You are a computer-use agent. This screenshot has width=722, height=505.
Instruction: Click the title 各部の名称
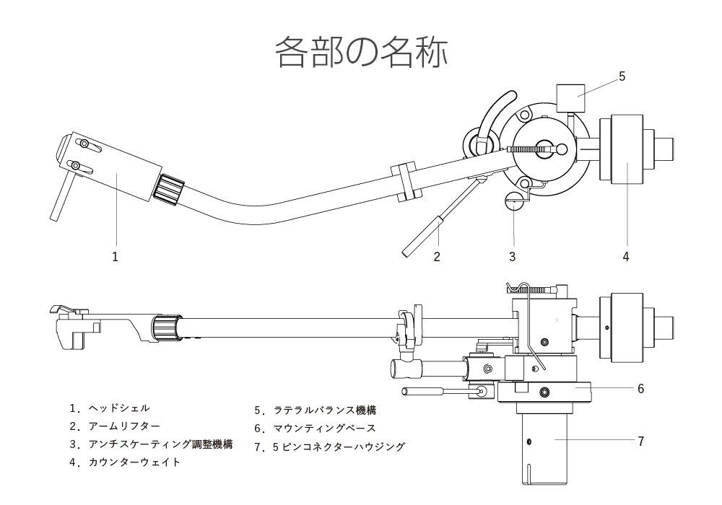tap(361, 52)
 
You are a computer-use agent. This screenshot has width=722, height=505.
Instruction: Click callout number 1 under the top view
tap(115, 256)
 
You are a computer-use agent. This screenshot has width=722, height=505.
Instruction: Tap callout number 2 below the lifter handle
tap(437, 256)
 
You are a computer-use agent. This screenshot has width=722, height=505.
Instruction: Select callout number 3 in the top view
tap(512, 256)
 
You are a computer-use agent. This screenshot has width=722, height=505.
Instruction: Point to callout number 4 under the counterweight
tap(626, 256)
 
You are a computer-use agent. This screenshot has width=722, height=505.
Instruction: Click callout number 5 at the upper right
tap(622, 76)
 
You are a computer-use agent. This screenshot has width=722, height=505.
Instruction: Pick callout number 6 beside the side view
tap(640, 388)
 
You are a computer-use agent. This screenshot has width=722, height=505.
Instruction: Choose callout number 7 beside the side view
tap(640, 440)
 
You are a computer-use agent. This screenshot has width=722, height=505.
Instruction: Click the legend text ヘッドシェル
tap(119, 408)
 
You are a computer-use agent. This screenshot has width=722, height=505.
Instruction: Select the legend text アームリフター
tap(124, 426)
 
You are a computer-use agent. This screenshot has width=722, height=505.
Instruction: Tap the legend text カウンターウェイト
tap(134, 462)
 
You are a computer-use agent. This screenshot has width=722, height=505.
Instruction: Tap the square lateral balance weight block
tap(570, 97)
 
